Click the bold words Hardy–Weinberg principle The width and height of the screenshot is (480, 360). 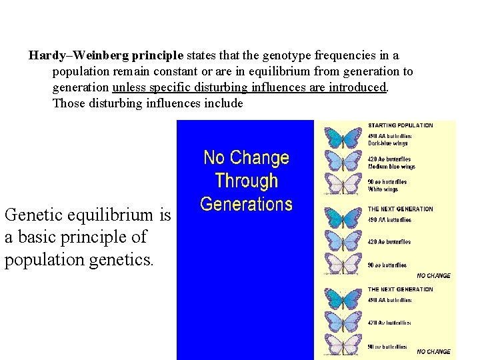pos(107,56)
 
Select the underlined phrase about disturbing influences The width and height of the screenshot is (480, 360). pos(250,87)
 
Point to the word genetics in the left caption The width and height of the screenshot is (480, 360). pos(121,259)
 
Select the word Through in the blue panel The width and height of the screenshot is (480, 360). pos(246,181)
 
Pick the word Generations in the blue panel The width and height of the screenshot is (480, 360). pos(246,203)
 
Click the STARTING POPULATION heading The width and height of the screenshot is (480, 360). pos(400,125)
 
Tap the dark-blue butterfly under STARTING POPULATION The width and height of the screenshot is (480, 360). pos(342,137)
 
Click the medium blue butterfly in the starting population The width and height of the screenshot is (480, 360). pos(342,161)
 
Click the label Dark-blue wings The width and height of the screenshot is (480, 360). pos(388,143)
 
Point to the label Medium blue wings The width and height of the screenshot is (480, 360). pos(391,167)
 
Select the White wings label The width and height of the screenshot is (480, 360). pos(383,189)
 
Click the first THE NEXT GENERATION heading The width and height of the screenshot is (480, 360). pos(400,209)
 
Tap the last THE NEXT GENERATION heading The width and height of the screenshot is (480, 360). pos(400,290)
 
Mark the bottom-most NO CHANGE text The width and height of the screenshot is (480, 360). pos(433,351)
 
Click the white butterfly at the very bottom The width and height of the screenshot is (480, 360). pos(342,345)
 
